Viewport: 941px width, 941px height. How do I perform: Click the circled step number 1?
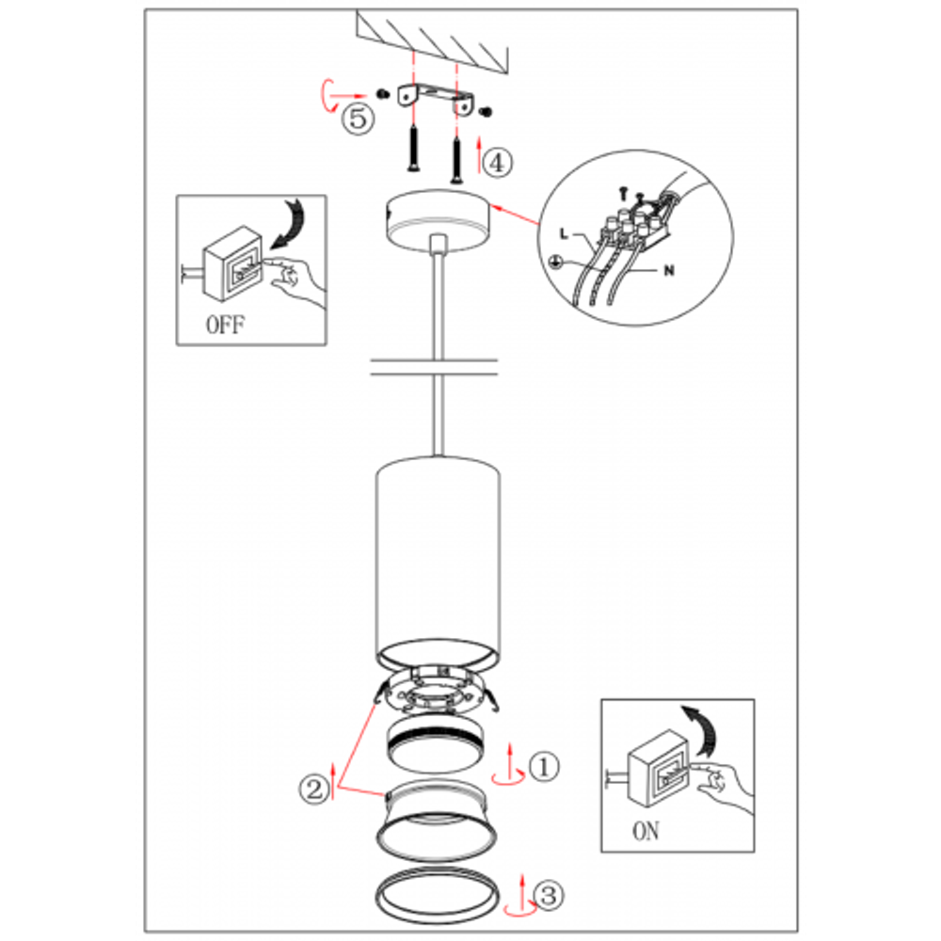pos(544,766)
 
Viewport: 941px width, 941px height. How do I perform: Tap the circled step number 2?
pos(314,789)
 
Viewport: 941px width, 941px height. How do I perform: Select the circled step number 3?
pos(549,896)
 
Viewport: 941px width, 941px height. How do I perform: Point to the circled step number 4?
pos(498,163)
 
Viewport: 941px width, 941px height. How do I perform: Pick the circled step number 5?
pos(358,119)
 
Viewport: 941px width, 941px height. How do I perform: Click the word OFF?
pos(226,325)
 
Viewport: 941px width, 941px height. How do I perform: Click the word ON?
pos(646,831)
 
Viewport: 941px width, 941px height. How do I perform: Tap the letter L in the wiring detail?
pos(564,233)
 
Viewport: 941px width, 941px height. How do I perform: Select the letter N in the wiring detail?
pos(669,271)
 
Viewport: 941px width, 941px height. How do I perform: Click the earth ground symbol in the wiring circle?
pos(557,262)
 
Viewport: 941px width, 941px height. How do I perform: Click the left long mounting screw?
pos(414,149)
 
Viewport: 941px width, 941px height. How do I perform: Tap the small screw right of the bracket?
pos(486,112)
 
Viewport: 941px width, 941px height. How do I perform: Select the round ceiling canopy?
pos(439,219)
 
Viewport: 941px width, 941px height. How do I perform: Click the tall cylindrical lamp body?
pos(439,561)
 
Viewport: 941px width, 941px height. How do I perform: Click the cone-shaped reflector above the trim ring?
pos(437,820)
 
